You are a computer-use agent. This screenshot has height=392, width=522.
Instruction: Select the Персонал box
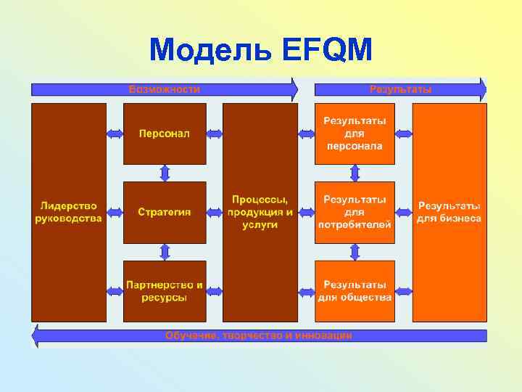[x=165, y=134]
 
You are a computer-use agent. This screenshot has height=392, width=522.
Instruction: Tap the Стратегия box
[x=165, y=212]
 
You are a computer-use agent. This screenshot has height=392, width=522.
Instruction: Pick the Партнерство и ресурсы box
[x=165, y=291]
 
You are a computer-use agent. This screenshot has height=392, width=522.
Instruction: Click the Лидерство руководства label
[x=69, y=212]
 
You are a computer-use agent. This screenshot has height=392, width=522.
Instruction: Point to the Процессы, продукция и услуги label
[x=260, y=212]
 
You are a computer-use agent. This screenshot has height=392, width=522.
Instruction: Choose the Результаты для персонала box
[x=355, y=134]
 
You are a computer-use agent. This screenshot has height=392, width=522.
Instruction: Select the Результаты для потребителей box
[x=355, y=212]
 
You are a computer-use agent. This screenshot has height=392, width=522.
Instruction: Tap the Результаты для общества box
[x=355, y=291]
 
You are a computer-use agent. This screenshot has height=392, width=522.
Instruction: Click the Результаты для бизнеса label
[x=449, y=212]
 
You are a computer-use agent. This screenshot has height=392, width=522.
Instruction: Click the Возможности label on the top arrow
[x=164, y=89]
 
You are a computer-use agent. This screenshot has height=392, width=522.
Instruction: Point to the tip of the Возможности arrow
[x=295, y=89]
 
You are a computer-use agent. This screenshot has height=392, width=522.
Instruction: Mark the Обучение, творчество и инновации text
[x=259, y=335]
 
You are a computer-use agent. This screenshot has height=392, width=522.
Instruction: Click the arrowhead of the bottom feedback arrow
[x=35, y=335]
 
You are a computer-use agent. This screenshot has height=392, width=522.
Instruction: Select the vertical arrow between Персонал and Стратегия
[x=165, y=173]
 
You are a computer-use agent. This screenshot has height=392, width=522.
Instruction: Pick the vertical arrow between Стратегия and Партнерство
[x=165, y=251]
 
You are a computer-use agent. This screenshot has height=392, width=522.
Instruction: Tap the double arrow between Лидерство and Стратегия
[x=115, y=212]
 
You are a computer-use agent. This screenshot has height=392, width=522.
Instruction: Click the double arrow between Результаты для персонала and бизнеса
[x=403, y=134]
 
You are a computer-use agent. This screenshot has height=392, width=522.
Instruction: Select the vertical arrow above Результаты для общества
[x=355, y=251]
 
